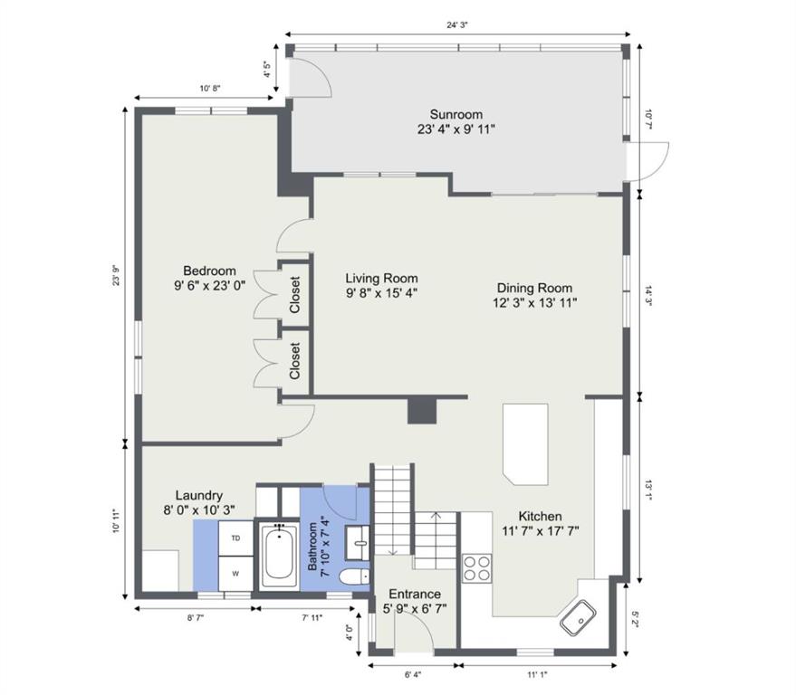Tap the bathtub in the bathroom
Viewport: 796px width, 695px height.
click(279, 556)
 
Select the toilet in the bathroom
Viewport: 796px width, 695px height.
click(354, 576)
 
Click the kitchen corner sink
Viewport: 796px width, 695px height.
click(578, 617)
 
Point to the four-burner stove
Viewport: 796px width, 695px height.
click(476, 568)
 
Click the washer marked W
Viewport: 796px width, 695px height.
click(235, 574)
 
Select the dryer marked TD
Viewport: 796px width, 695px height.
click(235, 538)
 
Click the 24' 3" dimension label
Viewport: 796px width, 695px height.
click(457, 24)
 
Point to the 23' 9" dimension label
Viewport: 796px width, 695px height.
click(116, 275)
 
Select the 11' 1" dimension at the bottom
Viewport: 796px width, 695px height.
click(537, 675)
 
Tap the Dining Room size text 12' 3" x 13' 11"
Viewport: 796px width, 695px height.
click(534, 303)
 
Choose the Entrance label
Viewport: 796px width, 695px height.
click(415, 594)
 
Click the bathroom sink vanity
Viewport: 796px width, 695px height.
click(358, 543)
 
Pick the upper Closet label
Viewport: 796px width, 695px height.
click(294, 294)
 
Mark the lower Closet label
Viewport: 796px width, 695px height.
click(294, 361)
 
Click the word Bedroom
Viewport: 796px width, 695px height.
click(210, 271)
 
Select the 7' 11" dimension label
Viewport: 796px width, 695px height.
click(312, 617)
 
